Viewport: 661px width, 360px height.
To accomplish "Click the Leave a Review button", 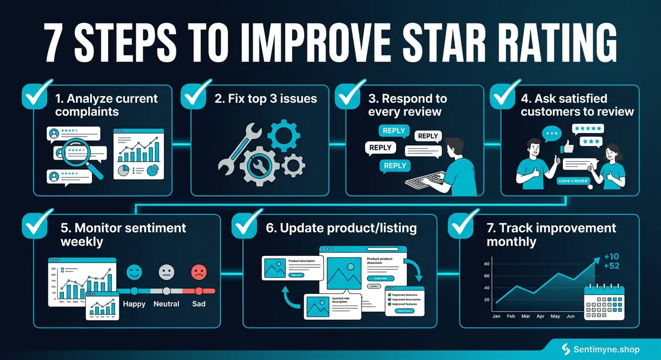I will click(x=573, y=181).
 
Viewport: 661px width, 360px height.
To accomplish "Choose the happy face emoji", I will click(x=134, y=272).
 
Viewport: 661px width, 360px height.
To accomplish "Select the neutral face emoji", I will click(x=166, y=272).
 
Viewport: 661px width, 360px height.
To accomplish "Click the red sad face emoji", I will click(x=198, y=272).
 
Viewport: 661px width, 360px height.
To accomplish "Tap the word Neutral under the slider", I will click(x=166, y=303).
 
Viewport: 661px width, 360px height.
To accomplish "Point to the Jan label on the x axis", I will click(x=495, y=317).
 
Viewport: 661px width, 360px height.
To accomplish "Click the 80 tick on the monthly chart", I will click(x=486, y=264).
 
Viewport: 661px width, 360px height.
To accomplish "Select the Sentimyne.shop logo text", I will click(x=611, y=348).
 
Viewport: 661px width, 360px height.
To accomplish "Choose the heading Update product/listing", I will click(x=341, y=228).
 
